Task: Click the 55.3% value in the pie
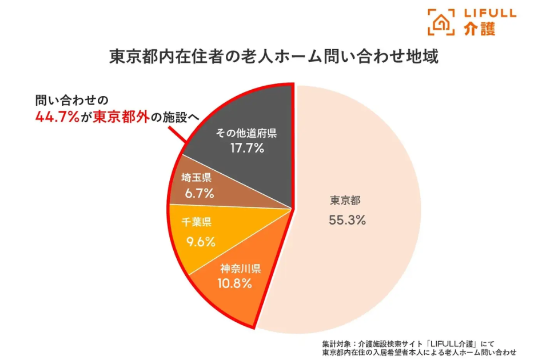[347, 219]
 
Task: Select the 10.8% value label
[234, 283]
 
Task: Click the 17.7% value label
[246, 149]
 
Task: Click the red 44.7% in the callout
[56, 117]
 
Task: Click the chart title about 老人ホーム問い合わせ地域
[274, 58]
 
